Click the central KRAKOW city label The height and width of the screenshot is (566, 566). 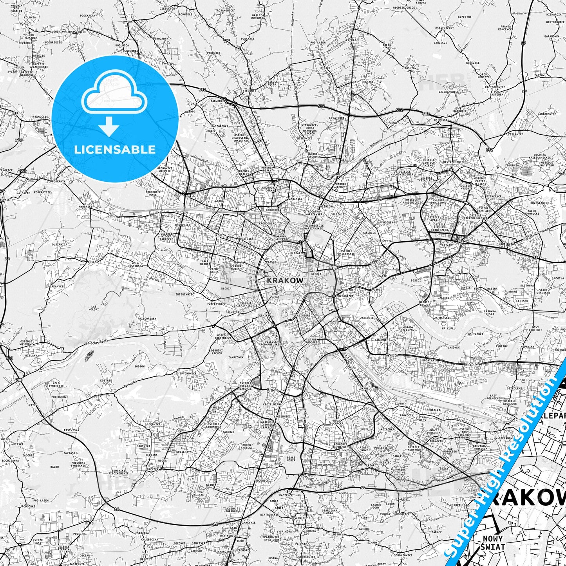point(285,280)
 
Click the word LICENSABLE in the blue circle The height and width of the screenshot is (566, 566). point(114,149)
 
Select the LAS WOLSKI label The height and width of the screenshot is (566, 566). point(94,308)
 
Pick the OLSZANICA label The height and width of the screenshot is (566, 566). point(59,244)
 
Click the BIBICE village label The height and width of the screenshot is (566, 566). point(325,68)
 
